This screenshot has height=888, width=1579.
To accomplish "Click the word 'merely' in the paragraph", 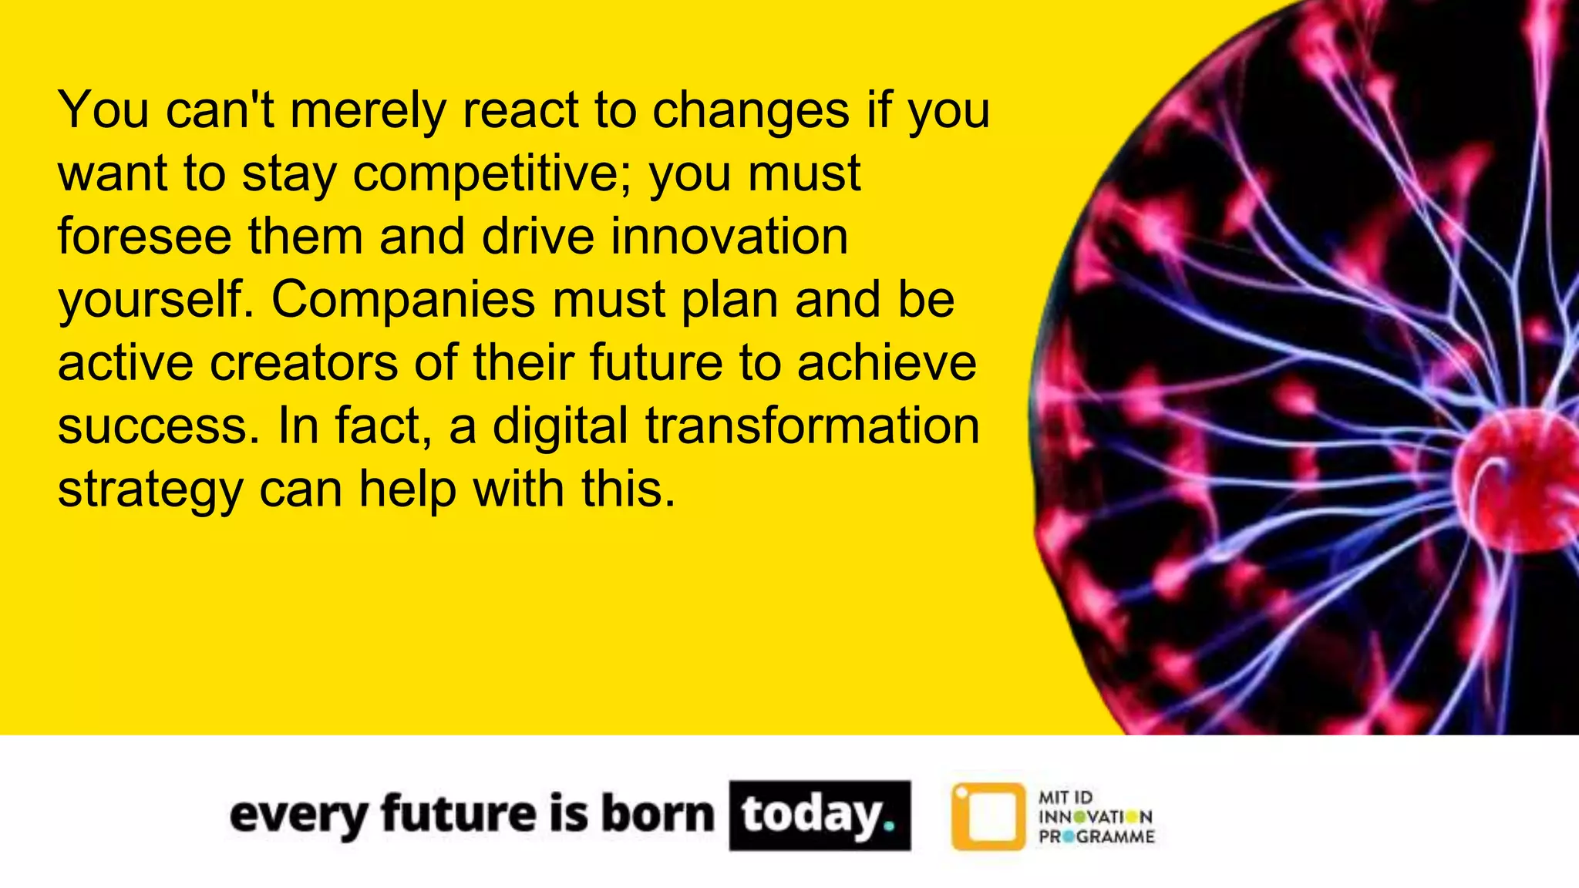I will (368, 110).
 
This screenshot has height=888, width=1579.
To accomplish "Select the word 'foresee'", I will (144, 236).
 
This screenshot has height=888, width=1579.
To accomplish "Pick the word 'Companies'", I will (402, 300).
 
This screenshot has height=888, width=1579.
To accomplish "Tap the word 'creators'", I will (304, 362).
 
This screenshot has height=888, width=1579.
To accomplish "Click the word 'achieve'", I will (887, 362).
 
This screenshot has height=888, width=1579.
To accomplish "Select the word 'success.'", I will (159, 425).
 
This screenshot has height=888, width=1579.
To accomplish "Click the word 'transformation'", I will (812, 425).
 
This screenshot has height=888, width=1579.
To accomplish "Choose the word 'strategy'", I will (150, 490).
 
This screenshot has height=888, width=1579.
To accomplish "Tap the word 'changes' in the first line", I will (751, 110).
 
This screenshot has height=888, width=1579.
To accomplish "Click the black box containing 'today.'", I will (820, 816).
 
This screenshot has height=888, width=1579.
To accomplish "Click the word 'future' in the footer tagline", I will (459, 814).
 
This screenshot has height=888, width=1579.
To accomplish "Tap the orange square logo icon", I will (988, 816).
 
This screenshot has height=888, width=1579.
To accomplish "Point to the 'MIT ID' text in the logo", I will (1066, 797).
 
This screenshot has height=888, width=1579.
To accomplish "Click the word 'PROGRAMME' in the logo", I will (1096, 837).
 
